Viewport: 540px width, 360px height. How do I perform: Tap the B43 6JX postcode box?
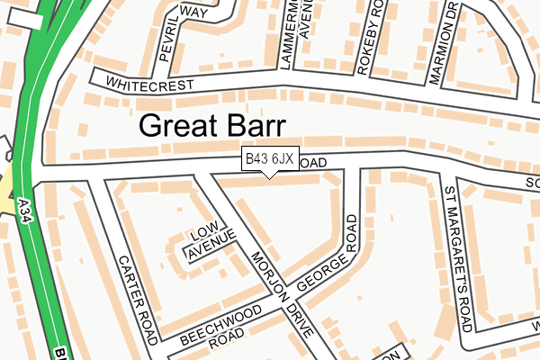(x=270, y=159)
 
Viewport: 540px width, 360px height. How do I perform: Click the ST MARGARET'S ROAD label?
(x=458, y=256)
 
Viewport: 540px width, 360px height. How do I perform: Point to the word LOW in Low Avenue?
(x=202, y=237)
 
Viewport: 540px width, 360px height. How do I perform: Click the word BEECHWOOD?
(x=221, y=325)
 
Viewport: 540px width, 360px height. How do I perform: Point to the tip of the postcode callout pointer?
(x=270, y=177)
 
